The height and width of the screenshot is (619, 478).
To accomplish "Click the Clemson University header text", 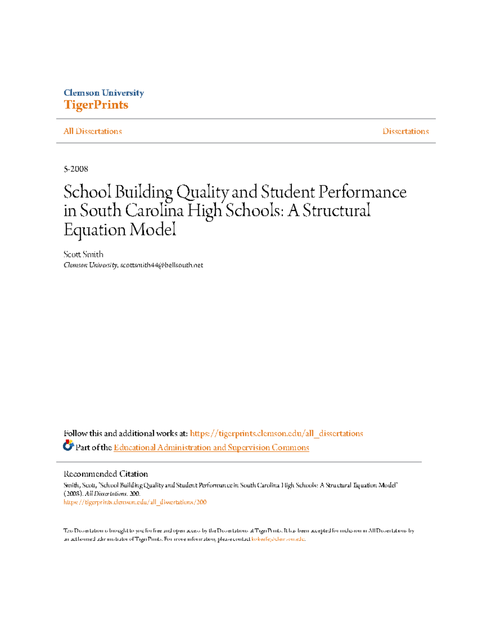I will click(104, 93).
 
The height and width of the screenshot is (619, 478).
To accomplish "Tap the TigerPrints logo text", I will click(96, 105).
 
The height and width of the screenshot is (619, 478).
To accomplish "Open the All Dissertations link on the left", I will click(92, 131).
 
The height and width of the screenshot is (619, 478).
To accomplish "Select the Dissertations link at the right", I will click(406, 131).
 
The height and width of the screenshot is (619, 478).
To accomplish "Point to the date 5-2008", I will click(76, 169).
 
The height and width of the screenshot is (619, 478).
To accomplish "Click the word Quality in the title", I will click(202, 192).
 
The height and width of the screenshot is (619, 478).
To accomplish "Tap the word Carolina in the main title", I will click(155, 211).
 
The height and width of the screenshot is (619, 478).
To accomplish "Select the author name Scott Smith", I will click(83, 254).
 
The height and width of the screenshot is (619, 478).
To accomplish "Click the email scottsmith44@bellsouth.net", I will click(162, 265).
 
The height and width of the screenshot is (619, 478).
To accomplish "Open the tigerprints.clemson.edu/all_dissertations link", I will click(276, 433).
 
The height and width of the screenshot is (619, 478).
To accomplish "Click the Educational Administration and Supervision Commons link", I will click(211, 447).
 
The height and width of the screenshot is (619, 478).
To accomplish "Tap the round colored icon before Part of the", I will click(68, 445).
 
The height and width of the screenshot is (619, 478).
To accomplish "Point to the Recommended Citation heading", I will click(106, 474).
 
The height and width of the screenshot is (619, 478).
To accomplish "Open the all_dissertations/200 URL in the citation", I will click(135, 502).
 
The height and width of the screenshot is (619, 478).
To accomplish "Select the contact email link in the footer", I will click(278, 539).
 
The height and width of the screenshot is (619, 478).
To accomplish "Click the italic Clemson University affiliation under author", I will click(90, 265).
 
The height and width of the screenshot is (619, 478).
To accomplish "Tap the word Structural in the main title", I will click(337, 211).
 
